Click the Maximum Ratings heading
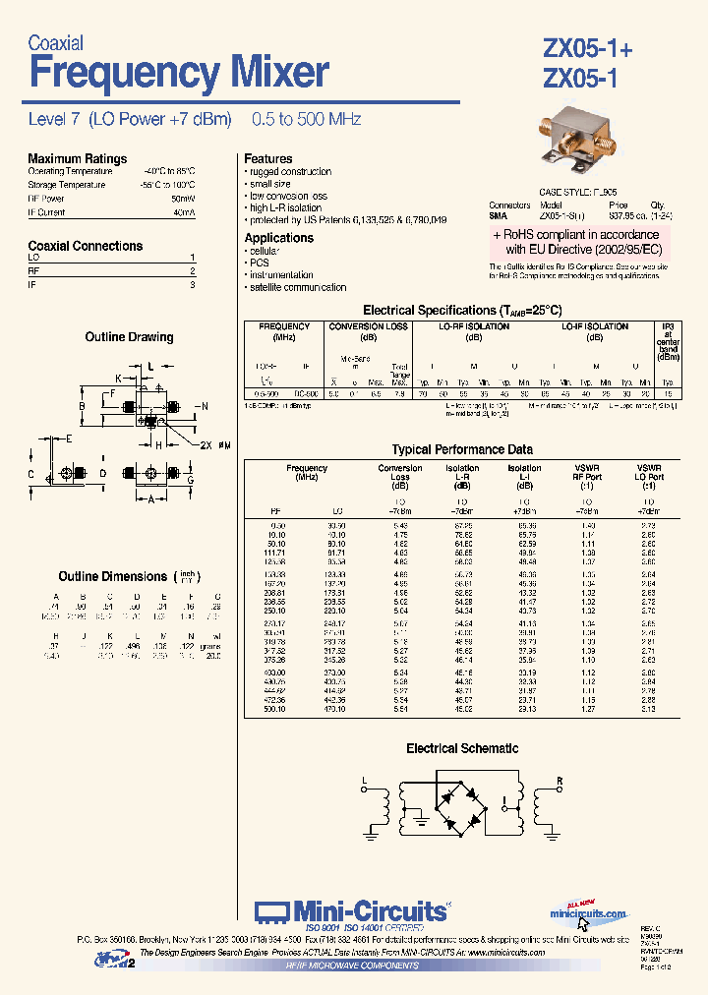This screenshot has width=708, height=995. pos(77,158)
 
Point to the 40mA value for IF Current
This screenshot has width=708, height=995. pos(184,212)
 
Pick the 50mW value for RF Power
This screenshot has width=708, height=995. pos(183,199)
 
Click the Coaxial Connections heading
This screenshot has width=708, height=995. pos(85,246)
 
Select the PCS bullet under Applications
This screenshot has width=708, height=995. pos(259,263)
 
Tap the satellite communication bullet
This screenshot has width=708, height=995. pos(297,288)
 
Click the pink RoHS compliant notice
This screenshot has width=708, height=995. pos(580,242)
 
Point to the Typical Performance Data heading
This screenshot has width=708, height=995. pos(461,449)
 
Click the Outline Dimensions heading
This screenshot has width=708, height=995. pos(112,576)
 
